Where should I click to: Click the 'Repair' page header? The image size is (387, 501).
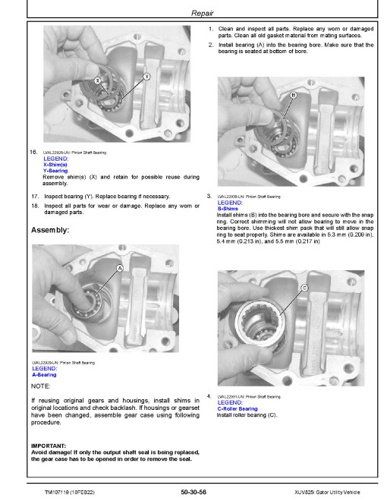click(x=202, y=13)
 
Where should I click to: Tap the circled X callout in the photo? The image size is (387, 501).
click(x=98, y=80)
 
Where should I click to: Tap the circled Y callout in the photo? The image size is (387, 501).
click(x=146, y=77)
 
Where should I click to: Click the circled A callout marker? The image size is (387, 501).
click(x=120, y=268)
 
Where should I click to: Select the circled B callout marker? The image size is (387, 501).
click(x=294, y=95)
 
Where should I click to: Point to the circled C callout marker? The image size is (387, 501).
click(x=304, y=288)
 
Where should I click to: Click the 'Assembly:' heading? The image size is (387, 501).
click(x=50, y=230)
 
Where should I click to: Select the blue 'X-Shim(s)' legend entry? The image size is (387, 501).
click(x=55, y=165)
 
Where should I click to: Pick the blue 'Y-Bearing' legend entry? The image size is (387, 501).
click(x=55, y=171)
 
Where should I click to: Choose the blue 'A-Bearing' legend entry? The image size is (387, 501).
click(x=44, y=375)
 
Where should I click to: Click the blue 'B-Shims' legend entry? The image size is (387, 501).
click(x=228, y=209)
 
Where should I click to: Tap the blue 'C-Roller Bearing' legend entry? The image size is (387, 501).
click(x=238, y=408)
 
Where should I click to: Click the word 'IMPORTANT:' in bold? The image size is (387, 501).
click(x=49, y=446)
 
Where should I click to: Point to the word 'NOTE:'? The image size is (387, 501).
click(x=40, y=386)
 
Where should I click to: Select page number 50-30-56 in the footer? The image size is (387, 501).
click(x=193, y=492)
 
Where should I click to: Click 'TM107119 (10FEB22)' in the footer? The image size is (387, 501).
click(x=70, y=493)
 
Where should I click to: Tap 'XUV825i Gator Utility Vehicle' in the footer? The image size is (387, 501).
click(x=327, y=493)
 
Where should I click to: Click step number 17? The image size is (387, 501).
click(x=35, y=196)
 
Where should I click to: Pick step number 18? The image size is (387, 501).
click(x=35, y=206)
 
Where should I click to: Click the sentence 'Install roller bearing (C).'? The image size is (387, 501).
click(x=247, y=415)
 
